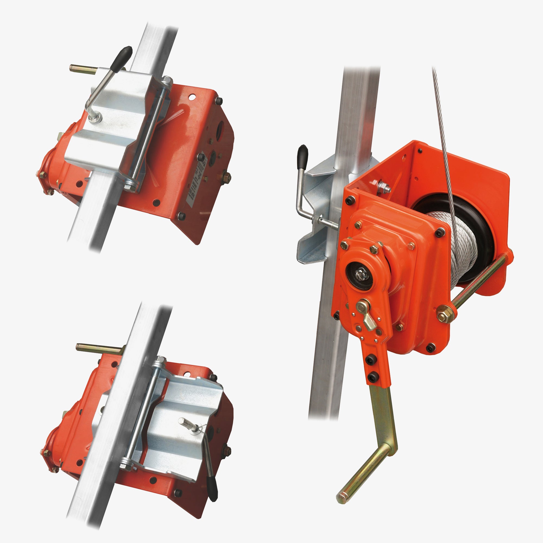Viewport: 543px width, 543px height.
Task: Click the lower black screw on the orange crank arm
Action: tap(373, 377)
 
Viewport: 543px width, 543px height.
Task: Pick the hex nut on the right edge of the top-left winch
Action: tap(226, 177)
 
